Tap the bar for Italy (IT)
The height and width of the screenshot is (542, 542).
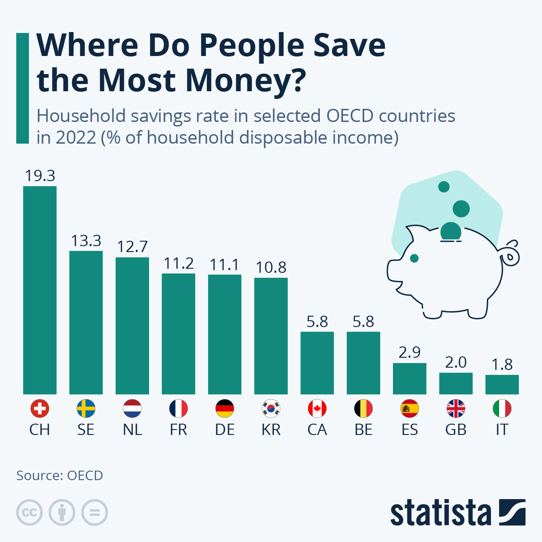[x=502, y=384]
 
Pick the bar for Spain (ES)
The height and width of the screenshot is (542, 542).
[x=410, y=378]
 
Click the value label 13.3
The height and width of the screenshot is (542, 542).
[x=86, y=241]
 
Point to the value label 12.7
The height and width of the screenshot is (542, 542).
[x=132, y=247]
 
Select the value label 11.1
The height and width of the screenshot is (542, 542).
[x=224, y=265]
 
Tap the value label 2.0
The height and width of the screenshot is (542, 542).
[x=456, y=363]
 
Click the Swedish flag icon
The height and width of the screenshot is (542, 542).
[x=86, y=409]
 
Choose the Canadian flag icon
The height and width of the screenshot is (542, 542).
[x=317, y=409]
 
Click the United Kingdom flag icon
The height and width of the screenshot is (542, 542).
[x=456, y=409]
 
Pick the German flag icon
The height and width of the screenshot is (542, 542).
[x=224, y=409]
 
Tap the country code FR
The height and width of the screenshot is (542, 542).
[x=178, y=430]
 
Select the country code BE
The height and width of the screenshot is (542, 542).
[x=364, y=430]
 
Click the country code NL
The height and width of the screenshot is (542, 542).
[x=132, y=430]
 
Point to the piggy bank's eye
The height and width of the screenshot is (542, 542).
[x=414, y=258]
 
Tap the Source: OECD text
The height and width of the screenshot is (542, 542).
[x=60, y=476]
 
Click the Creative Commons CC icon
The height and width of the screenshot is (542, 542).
[x=29, y=513]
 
